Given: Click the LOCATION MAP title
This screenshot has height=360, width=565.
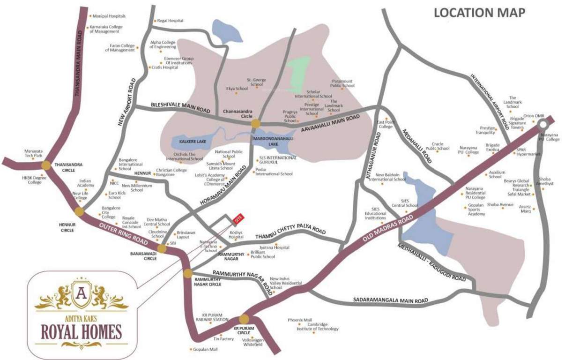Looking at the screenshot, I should pos(479,13).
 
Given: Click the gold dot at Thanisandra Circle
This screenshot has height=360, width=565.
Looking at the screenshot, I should pos(46,165).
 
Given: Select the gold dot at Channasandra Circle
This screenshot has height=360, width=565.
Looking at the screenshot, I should pos(255,123).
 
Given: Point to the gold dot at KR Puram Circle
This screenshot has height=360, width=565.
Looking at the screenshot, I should pos(244,319).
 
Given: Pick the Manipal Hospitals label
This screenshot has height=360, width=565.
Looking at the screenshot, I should pos(109,16).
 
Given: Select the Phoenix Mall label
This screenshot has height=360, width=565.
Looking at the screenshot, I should pos(300,320).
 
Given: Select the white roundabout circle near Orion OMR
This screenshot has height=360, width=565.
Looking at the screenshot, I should pos(543,124).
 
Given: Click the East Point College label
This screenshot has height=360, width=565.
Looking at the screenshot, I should pos(385,123).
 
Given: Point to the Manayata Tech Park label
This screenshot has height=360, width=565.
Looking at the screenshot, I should pos(34,153).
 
